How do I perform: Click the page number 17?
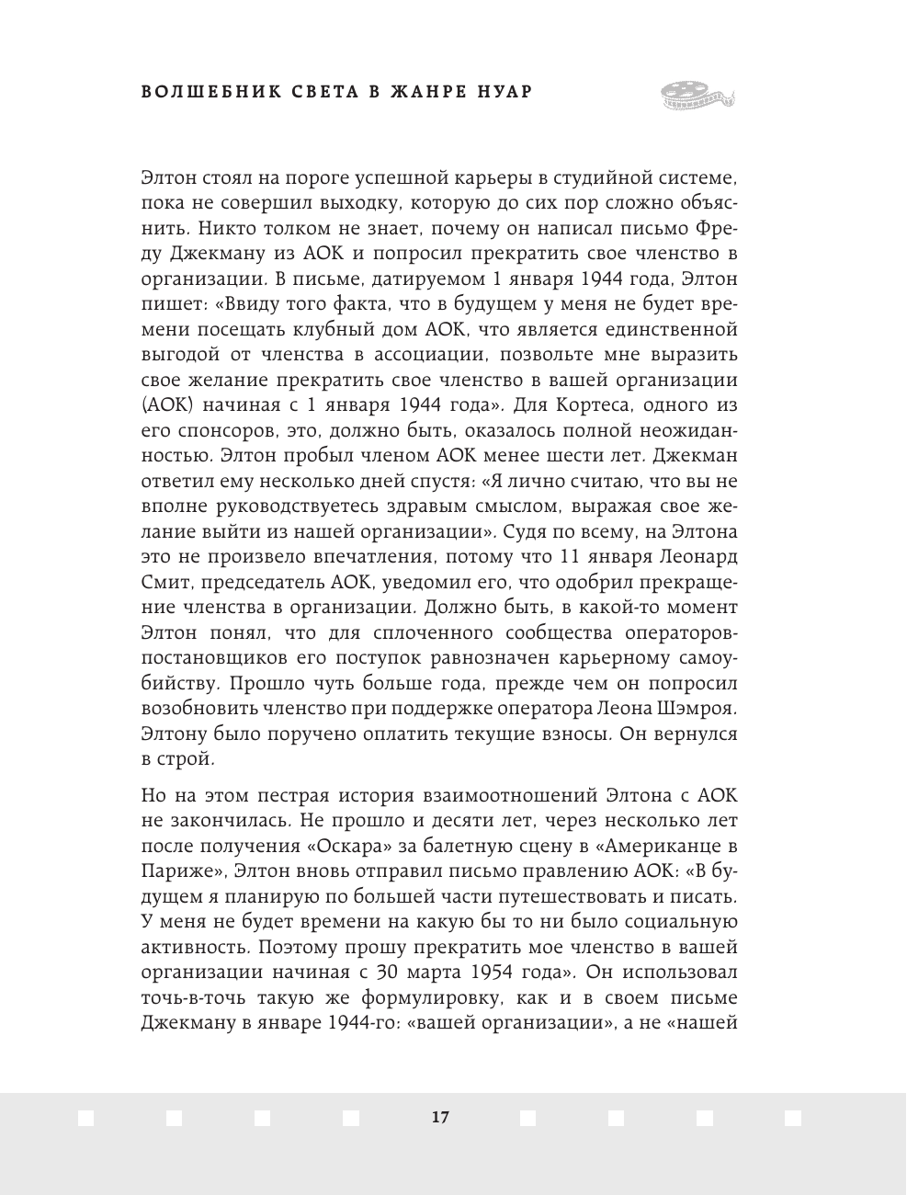point(439,1117)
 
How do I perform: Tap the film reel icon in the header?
point(697,93)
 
